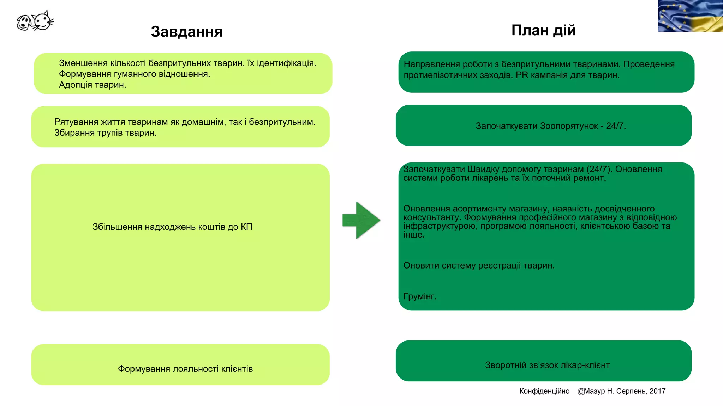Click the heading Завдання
tap(187, 32)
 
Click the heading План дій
tap(543, 30)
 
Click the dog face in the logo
tap(24, 23)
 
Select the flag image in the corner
tap(690, 16)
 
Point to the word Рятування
tap(76, 122)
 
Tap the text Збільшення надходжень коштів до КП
tap(172, 227)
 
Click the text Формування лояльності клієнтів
tap(185, 369)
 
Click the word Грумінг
tap(420, 296)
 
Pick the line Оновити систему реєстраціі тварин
tap(479, 265)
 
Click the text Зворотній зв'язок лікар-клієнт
tap(547, 365)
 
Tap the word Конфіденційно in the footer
tap(544, 391)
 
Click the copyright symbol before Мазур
tap(581, 392)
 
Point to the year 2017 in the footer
tap(657, 391)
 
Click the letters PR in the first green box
tap(522, 75)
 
